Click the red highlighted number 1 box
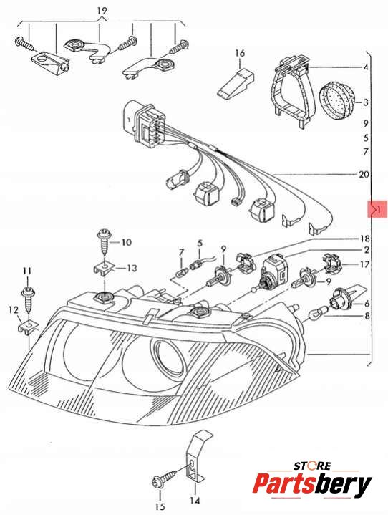point(377,209)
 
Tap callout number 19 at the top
point(102,11)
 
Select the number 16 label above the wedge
point(240,53)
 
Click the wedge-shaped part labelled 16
point(236,83)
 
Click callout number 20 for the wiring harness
point(364,174)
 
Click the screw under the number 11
point(29,299)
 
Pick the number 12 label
point(13,310)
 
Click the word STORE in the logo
point(312,466)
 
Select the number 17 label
point(364,264)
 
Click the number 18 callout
point(364,239)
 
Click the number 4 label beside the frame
point(365,67)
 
